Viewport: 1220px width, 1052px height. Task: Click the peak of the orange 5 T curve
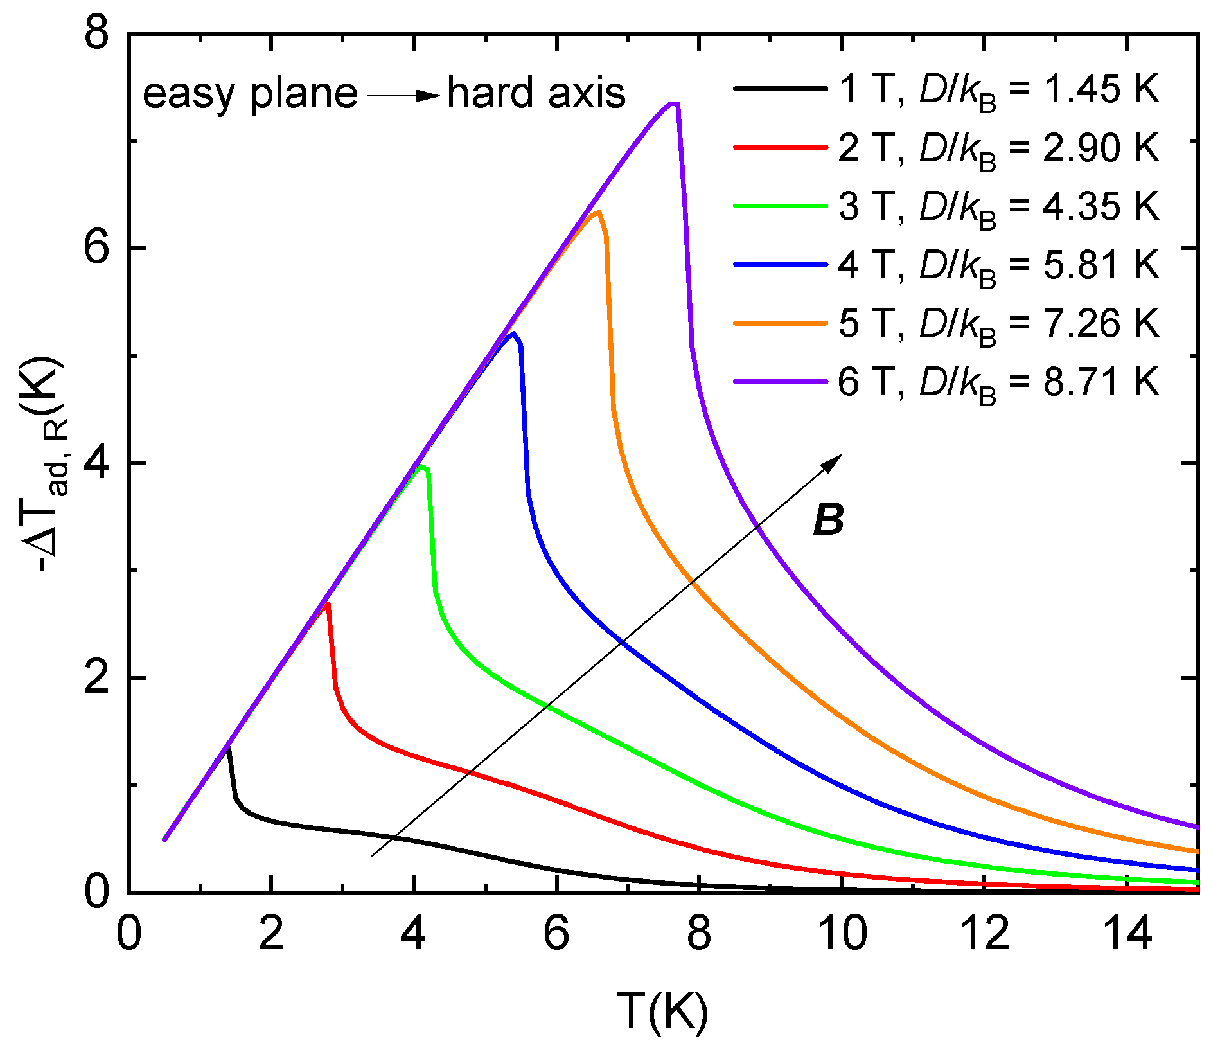[597, 212]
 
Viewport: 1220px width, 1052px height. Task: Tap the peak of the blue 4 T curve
[512, 334]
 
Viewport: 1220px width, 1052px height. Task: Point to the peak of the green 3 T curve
[421, 467]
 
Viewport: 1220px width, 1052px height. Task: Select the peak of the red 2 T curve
[327, 604]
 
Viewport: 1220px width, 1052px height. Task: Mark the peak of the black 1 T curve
[228, 748]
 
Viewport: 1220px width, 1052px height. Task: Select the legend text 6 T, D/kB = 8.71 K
[998, 382]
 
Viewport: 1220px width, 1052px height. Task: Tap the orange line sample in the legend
[780, 323]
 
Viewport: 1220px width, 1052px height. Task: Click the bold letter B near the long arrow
[828, 520]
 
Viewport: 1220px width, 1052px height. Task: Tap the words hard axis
[536, 93]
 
